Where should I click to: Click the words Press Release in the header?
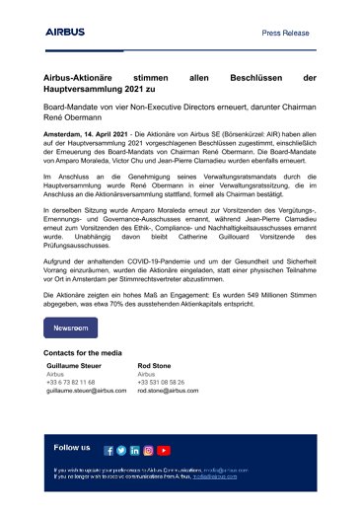[287, 33]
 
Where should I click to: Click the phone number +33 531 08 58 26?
[161, 383]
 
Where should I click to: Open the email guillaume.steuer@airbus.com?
[87, 392]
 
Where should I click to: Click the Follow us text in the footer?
[72, 448]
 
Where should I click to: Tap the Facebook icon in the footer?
[109, 451]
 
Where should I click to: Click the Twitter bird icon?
[121, 451]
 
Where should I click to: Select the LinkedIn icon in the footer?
[134, 451]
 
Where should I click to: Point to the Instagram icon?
[148, 451]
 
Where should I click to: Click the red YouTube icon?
[164, 451]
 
